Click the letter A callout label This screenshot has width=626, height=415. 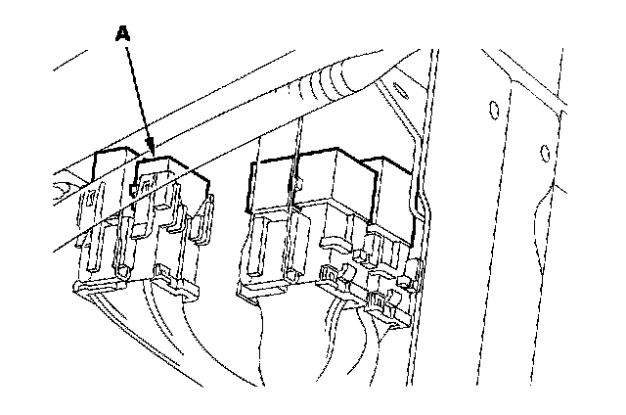tap(122, 33)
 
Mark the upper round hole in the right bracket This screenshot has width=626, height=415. tap(494, 107)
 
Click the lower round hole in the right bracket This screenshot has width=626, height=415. tap(545, 151)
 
